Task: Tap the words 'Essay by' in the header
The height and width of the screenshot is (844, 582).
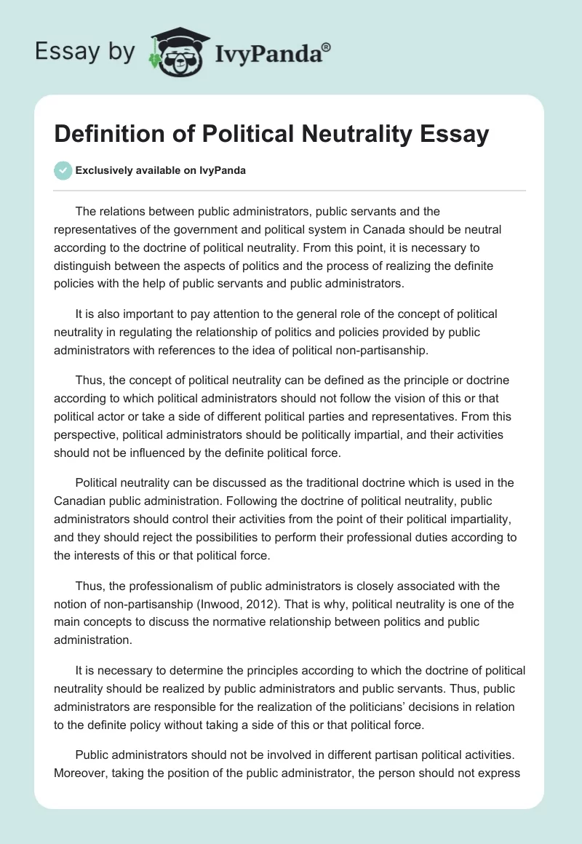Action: pyautogui.click(x=85, y=52)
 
